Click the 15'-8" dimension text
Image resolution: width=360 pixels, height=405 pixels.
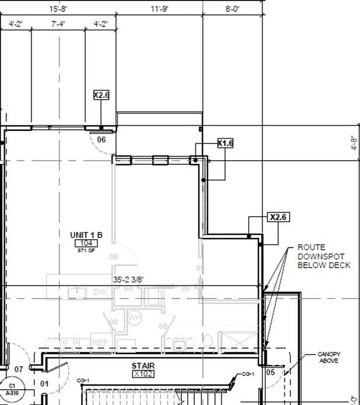tap(58, 9)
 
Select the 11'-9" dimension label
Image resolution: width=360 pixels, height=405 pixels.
tap(159, 9)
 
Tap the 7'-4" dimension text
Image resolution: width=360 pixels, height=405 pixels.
tap(59, 24)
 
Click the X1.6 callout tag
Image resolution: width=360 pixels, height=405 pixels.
tap(225, 143)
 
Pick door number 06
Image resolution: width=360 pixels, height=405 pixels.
tap(101, 140)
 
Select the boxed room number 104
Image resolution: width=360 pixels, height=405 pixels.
tap(86, 243)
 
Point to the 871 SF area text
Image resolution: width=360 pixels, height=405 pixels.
tap(86, 250)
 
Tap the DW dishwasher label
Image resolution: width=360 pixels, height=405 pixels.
tap(99, 291)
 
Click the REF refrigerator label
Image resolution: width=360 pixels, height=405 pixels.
tap(100, 343)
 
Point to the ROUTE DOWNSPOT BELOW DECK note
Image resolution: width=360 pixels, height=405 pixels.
tap(324, 256)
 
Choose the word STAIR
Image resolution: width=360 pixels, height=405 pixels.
tap(142, 366)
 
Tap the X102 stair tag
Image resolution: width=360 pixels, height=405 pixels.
tap(142, 374)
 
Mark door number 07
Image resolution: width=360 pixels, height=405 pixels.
tap(19, 369)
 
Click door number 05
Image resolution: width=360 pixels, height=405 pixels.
tap(270, 372)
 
